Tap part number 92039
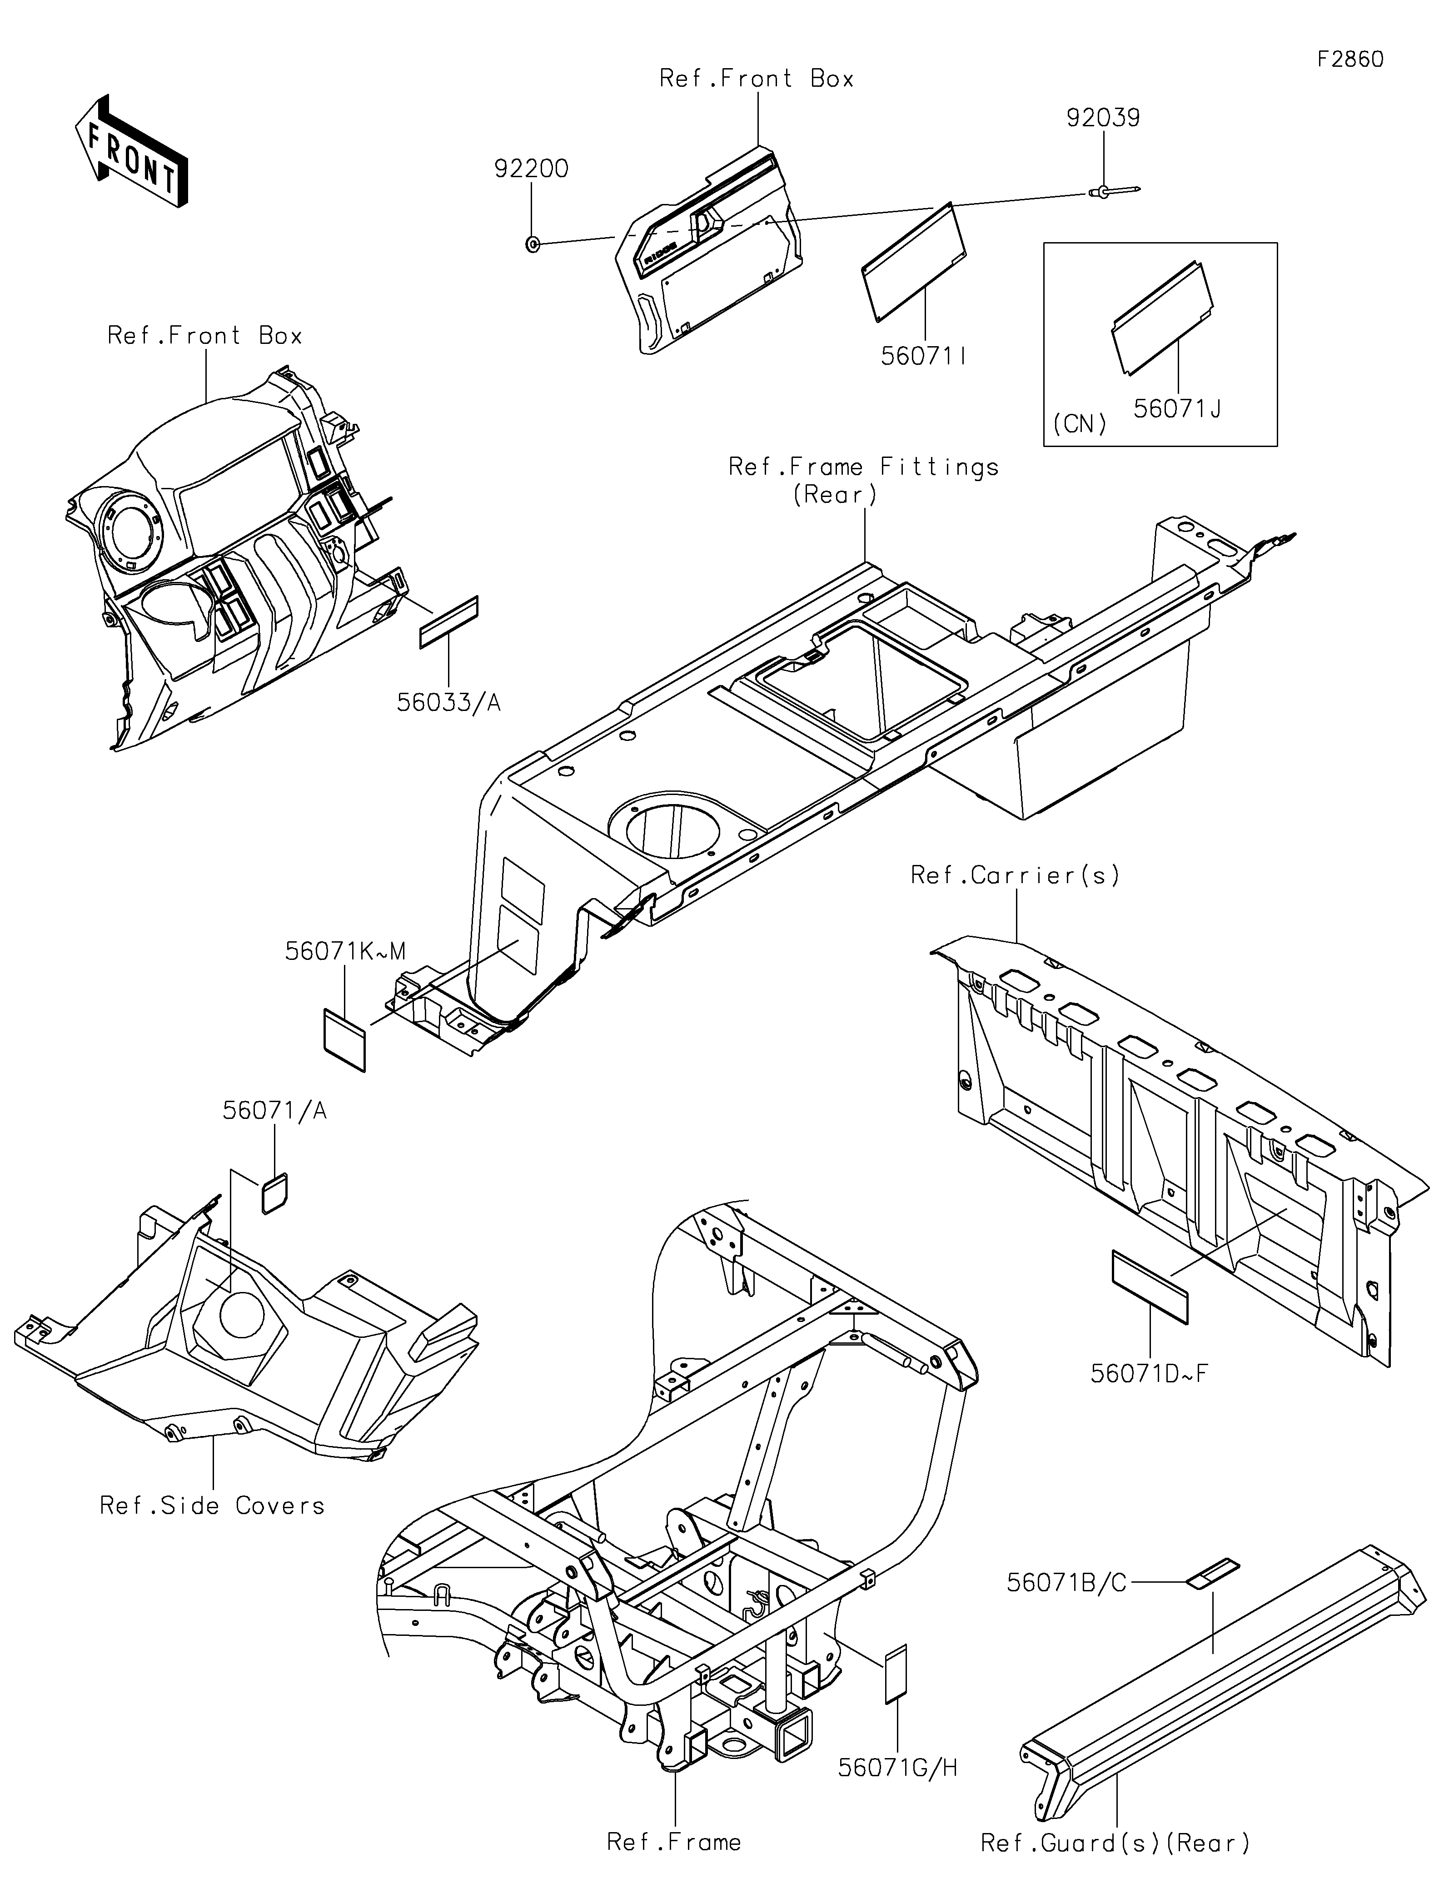tap(1103, 118)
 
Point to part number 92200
tap(531, 169)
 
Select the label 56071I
tap(923, 356)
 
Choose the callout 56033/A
tap(448, 702)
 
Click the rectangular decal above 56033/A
tap(448, 622)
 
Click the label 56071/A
tap(275, 1111)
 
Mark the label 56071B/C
tap(1066, 1582)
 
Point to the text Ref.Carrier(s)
tap(1016, 875)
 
